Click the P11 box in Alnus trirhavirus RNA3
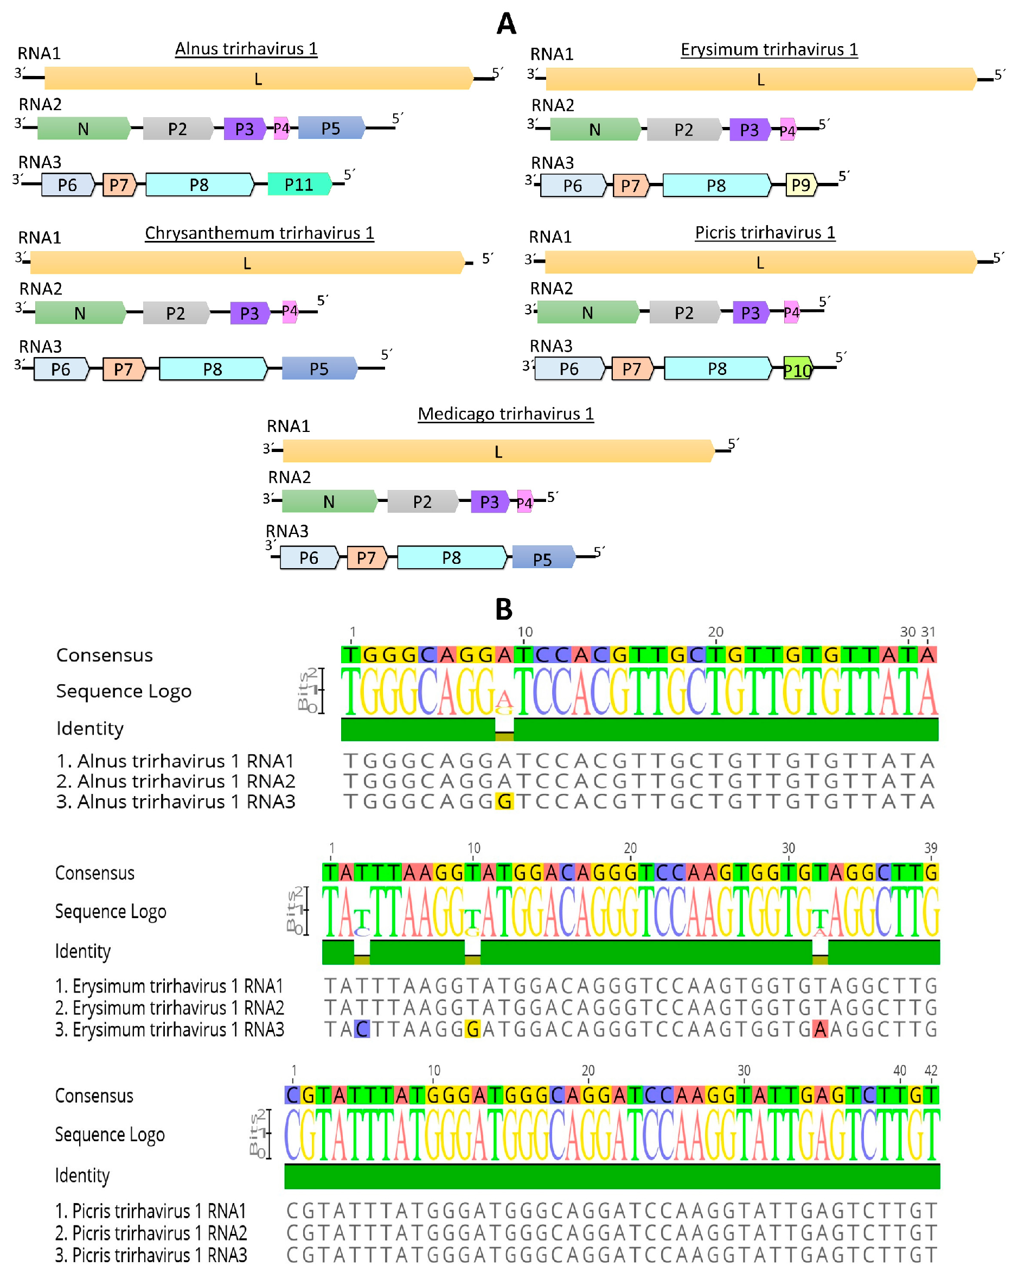(299, 184)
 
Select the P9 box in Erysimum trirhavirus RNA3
(800, 186)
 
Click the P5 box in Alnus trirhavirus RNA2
(331, 129)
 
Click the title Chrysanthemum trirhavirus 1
(260, 233)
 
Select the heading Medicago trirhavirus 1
(505, 413)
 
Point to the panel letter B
(504, 609)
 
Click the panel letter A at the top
(506, 24)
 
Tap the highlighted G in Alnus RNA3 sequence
(504, 802)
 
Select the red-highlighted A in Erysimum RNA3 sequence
(819, 1029)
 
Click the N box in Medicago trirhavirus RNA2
(329, 501)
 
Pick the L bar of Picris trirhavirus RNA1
(760, 263)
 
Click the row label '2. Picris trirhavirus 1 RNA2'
(150, 1233)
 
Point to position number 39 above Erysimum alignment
(930, 848)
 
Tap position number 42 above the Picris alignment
(931, 1071)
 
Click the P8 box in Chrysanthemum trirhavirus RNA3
(213, 369)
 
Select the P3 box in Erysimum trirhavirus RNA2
(749, 130)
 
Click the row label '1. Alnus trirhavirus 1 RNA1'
(175, 761)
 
